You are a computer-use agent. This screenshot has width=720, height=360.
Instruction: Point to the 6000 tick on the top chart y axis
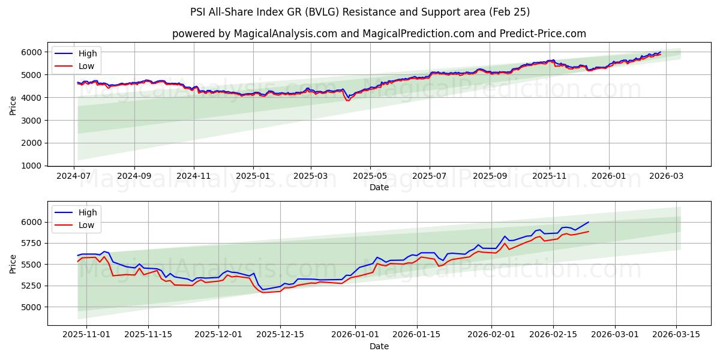coord(32,52)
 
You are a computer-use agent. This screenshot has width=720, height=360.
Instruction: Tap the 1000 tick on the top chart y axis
coord(32,166)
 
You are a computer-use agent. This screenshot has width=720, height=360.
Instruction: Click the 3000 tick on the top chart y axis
coord(32,121)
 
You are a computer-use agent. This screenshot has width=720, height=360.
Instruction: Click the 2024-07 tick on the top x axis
coord(74,175)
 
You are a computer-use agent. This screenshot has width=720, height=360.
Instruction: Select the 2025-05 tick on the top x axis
coord(370,175)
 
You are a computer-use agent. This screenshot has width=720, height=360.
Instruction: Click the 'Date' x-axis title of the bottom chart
coord(379,346)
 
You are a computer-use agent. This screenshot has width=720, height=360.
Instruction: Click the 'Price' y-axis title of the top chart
coord(13,106)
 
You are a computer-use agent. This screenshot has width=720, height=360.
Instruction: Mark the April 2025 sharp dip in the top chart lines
coord(347,99)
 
